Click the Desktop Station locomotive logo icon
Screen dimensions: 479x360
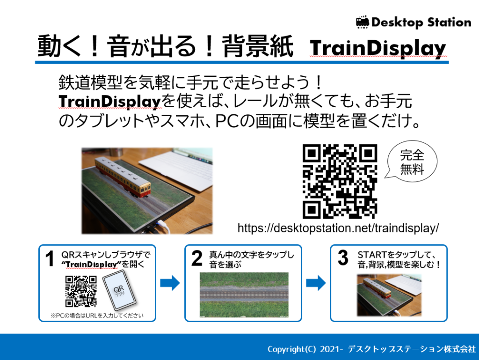pos(363,22)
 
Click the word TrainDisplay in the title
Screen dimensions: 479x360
pos(378,48)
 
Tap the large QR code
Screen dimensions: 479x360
pos(340,182)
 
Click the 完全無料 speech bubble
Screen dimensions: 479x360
pos(411,162)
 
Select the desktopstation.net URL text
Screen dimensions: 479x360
pos(338,228)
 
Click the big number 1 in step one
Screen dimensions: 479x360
pos(50,258)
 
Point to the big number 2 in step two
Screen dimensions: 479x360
pos(197,258)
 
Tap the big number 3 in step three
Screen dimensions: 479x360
pos(343,257)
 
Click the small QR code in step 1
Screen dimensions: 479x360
pos(81,291)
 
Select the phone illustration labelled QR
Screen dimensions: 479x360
pos(119,291)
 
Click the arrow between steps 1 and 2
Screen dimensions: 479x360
pos(170,283)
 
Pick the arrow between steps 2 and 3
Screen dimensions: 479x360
pos(316,283)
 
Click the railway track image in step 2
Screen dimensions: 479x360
pos(244,295)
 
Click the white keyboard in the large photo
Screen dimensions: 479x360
pos(176,170)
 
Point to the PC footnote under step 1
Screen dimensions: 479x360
pos(97,316)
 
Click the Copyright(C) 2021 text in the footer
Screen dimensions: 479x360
pos(304,349)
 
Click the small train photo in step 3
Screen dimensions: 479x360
pos(389,295)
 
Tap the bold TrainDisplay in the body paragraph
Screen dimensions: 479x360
pos(109,101)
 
